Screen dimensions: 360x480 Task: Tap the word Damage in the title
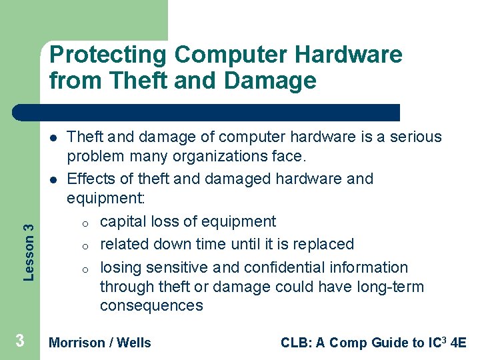tap(271, 81)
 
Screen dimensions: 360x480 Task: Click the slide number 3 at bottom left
tap(20, 341)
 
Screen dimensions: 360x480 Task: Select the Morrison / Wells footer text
tap(101, 343)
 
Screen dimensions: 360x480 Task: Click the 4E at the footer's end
tap(458, 343)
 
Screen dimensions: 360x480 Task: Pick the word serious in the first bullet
tap(417, 137)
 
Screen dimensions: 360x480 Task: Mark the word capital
tap(123, 221)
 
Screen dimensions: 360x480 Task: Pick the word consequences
tap(151, 305)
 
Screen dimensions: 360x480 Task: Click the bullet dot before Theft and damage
tap(51, 137)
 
